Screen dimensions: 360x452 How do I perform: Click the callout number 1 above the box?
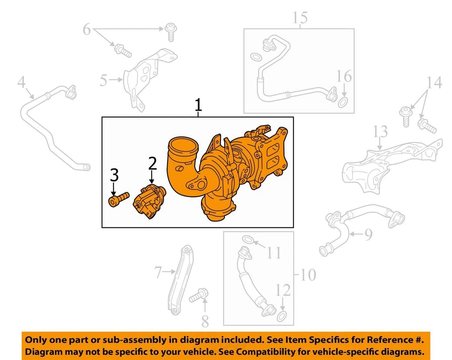(x=198, y=105)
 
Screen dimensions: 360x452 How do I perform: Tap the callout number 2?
(x=152, y=164)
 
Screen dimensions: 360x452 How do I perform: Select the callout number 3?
(x=114, y=176)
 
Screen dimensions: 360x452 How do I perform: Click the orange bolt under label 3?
(x=118, y=200)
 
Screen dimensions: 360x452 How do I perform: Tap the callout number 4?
(x=21, y=83)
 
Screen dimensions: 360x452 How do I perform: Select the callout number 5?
(x=103, y=80)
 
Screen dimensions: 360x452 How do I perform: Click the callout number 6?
(x=87, y=30)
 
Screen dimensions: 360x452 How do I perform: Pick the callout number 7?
(x=159, y=272)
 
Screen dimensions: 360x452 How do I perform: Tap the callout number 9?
(x=368, y=232)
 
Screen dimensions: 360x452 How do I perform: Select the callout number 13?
(x=380, y=131)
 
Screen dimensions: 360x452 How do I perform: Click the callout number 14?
(x=434, y=83)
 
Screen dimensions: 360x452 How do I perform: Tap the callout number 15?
(x=299, y=18)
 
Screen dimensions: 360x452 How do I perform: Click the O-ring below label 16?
(x=344, y=102)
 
